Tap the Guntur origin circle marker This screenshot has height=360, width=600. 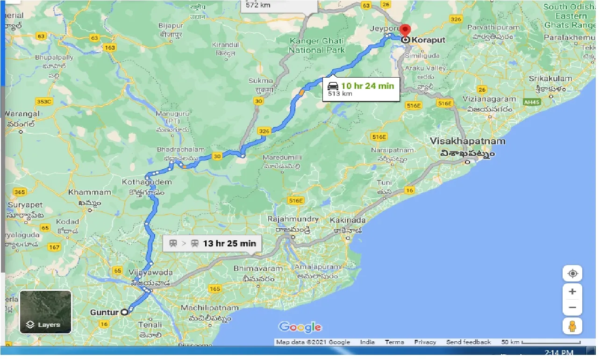click(124, 312)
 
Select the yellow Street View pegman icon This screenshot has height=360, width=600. click(572, 326)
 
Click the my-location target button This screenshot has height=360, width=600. click(572, 273)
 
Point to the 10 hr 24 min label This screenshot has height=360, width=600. click(367, 86)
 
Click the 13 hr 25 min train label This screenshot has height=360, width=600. click(229, 244)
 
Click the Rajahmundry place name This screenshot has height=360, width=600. click(293, 219)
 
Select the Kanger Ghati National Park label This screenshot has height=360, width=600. click(316, 45)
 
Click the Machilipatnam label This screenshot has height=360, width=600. click(209, 308)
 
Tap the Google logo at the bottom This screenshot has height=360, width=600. click(300, 327)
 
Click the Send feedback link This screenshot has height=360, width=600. click(468, 342)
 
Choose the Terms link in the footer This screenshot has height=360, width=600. click(394, 342)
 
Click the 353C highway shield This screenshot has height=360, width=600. click(44, 101)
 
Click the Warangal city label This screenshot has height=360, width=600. click(22, 114)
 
